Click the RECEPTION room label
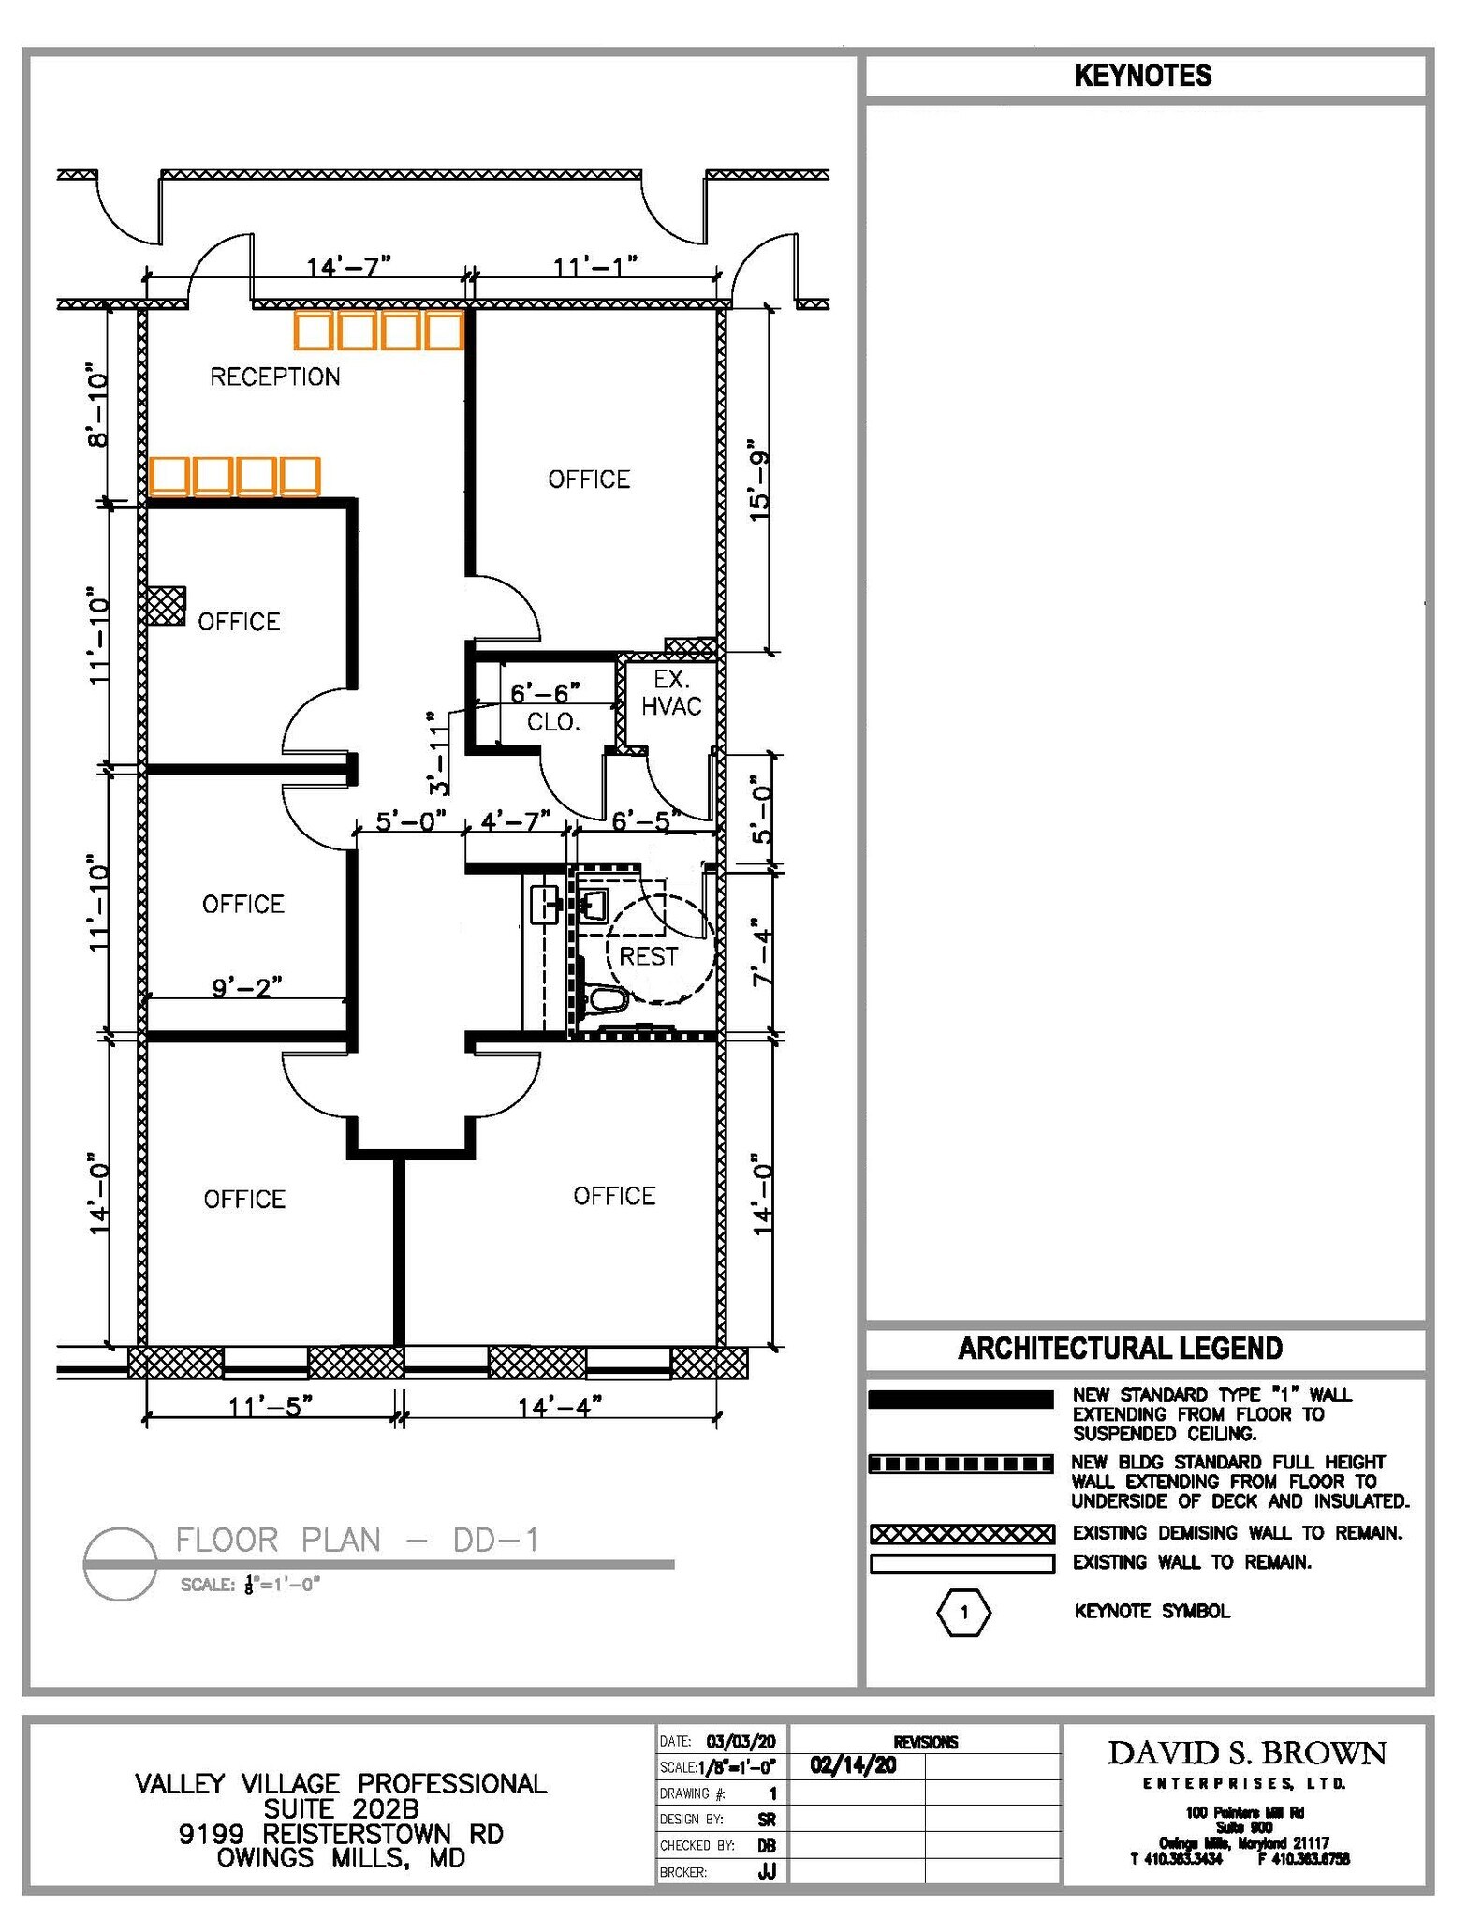[x=274, y=376]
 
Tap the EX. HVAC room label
[x=671, y=693]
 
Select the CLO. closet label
[x=553, y=722]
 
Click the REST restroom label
[x=649, y=956]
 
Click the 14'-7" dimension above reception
[x=347, y=267]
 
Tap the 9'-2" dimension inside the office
[x=247, y=987]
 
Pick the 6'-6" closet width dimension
[x=545, y=693]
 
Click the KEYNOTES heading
[x=1142, y=76]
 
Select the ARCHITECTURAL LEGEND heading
[x=1120, y=1349]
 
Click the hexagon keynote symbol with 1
[x=963, y=1612]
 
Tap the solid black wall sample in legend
[x=961, y=1399]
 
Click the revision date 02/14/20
[x=853, y=1765]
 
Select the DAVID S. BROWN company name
[x=1247, y=1753]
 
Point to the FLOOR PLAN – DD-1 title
[x=358, y=1540]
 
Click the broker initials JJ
[x=768, y=1872]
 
